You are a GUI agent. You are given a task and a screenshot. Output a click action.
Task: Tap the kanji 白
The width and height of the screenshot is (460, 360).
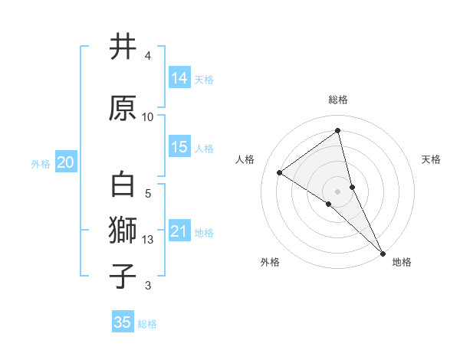click(x=123, y=185)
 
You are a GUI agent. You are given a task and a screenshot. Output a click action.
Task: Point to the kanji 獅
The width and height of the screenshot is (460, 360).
click(x=123, y=230)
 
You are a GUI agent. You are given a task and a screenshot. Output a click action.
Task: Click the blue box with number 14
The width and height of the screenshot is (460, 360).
click(x=179, y=77)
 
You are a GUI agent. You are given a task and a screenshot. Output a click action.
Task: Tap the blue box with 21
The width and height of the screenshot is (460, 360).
click(x=179, y=231)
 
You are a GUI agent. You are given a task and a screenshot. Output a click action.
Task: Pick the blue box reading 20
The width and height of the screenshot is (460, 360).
click(x=66, y=162)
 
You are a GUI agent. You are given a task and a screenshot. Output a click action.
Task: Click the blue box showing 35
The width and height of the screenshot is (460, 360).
click(x=123, y=322)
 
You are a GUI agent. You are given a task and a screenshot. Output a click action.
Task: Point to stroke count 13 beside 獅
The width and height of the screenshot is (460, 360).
click(x=148, y=241)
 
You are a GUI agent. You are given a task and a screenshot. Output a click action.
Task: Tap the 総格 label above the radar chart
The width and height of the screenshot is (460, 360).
click(x=338, y=100)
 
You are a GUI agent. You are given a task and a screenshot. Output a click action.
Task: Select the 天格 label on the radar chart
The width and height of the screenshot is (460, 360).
click(x=432, y=159)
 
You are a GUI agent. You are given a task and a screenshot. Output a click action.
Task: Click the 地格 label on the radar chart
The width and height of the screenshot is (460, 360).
click(x=402, y=262)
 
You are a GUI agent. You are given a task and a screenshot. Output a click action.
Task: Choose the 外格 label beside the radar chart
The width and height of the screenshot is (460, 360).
click(x=270, y=262)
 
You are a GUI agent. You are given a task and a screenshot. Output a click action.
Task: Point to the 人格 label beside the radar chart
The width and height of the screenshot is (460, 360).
click(x=245, y=159)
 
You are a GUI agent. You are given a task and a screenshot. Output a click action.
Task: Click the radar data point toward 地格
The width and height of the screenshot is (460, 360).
click(x=383, y=253)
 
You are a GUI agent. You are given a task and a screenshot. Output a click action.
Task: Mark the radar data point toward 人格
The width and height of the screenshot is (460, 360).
click(x=280, y=172)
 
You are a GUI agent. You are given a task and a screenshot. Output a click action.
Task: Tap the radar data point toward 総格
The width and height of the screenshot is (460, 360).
click(x=337, y=130)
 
